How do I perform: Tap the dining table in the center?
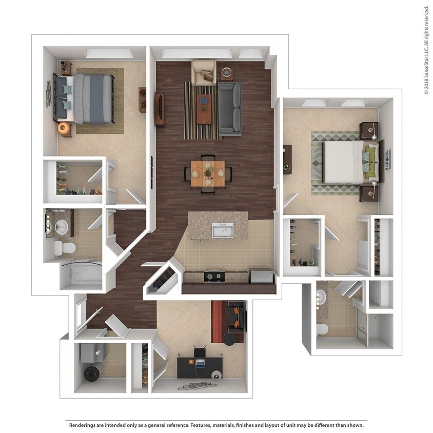pyautogui.click(x=208, y=173)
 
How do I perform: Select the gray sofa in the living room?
pyautogui.click(x=230, y=108)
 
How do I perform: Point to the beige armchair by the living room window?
pyautogui.click(x=204, y=72)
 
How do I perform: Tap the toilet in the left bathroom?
pyautogui.click(x=65, y=248)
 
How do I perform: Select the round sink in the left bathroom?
pyautogui.click(x=61, y=227)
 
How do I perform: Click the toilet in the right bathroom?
pyautogui.click(x=323, y=328)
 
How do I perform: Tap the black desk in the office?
pyautogui.click(x=200, y=367)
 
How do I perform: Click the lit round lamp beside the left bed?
pyautogui.click(x=64, y=128)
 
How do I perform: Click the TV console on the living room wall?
pyautogui.click(x=160, y=109)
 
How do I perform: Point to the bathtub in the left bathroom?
pyautogui.click(x=81, y=274)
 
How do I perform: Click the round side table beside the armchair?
pyautogui.click(x=226, y=73)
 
